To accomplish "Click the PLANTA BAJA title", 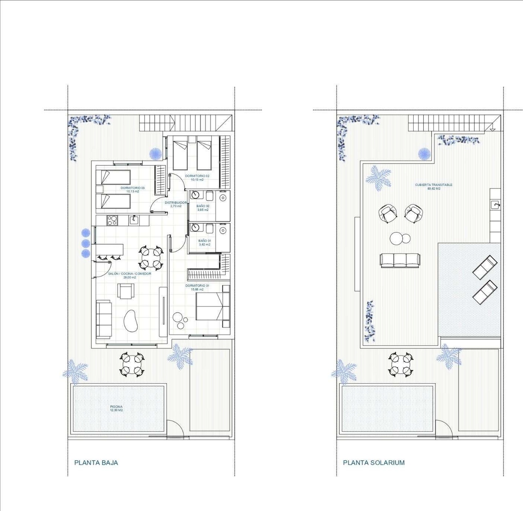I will (x=96, y=463).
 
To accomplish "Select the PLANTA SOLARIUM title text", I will (x=374, y=463).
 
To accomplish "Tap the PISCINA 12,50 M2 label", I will (x=116, y=408).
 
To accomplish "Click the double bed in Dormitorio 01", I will (x=213, y=306).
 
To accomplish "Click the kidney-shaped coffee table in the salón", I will (x=131, y=321).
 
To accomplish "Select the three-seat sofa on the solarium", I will (x=400, y=260).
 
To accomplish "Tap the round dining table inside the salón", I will (x=151, y=258).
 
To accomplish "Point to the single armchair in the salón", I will (x=126, y=291).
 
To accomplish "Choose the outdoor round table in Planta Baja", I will (x=132, y=365).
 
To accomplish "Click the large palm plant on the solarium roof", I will (x=378, y=177).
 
